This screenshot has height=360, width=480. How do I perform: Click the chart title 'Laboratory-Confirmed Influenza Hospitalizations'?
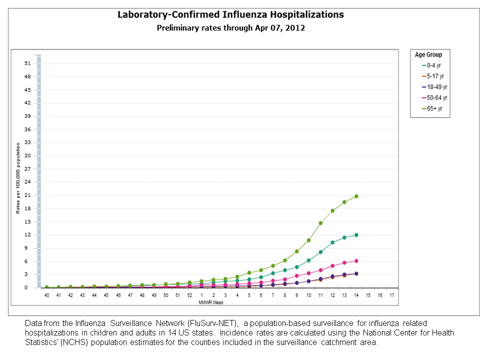pos(230,14)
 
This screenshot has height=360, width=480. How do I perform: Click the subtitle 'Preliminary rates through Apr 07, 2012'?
pos(230,28)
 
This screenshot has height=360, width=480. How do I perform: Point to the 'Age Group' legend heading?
pos(428,54)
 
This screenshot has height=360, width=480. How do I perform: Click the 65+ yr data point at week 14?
pos(356,196)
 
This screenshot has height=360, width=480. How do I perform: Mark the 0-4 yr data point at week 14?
pos(356,235)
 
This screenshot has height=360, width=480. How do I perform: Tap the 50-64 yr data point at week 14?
pos(356,260)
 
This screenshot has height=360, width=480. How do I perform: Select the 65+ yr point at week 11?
pos(320,223)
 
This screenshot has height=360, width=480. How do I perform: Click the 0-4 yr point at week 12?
pos(332,242)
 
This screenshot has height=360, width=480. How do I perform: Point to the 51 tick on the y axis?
pos(27,63)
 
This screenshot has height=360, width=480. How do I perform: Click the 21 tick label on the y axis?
pos(27,195)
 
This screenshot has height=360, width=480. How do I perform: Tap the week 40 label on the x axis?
pos(46,295)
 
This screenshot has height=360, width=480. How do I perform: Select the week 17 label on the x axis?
pos(392,295)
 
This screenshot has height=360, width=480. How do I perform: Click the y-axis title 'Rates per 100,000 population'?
pos(17,177)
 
